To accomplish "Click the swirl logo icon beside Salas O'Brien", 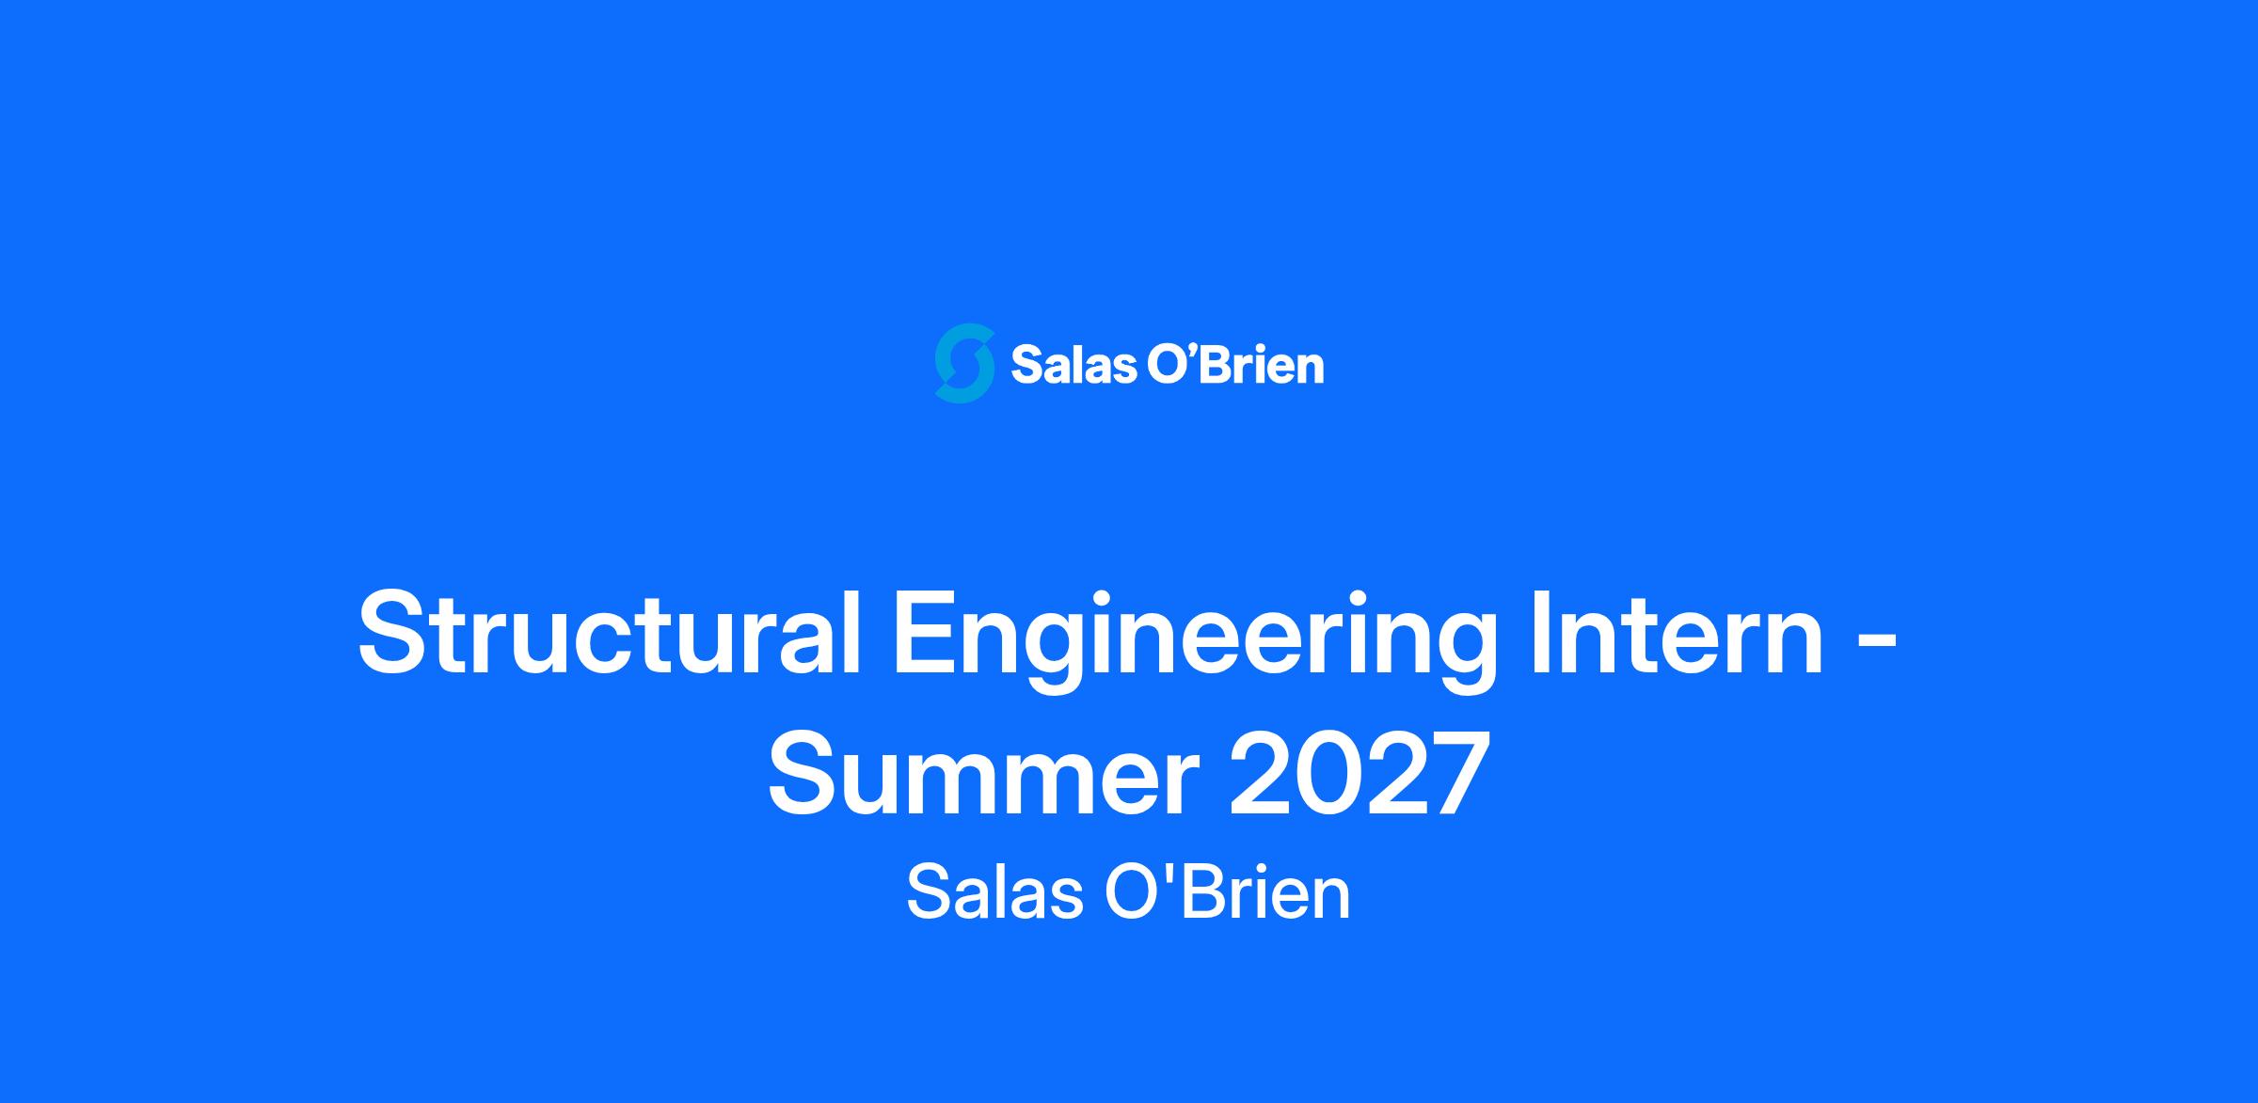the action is pyautogui.click(x=964, y=364).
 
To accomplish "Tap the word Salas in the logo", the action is pyautogui.click(x=1073, y=365).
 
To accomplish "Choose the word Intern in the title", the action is pyautogui.click(x=1677, y=632).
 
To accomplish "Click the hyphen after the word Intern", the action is pyautogui.click(x=1880, y=644).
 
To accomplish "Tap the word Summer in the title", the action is pyautogui.click(x=983, y=774).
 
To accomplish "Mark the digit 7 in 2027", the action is pyautogui.click(x=1460, y=774).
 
